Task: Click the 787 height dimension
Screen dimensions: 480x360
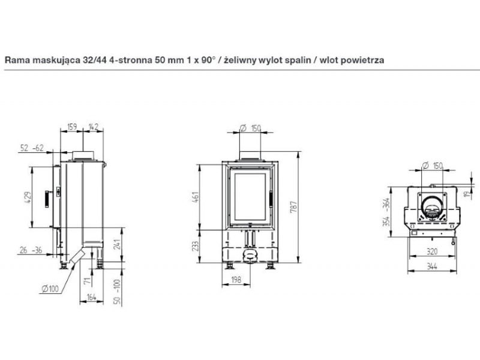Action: pyautogui.click(x=293, y=207)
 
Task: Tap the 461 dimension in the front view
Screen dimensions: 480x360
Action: pyautogui.click(x=196, y=197)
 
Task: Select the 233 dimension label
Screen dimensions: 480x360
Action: pyautogui.click(x=196, y=247)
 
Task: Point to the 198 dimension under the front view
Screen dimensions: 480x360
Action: pyautogui.click(x=236, y=280)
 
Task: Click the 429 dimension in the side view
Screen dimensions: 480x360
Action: pyautogui.click(x=28, y=198)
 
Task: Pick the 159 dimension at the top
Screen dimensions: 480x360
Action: pyautogui.click(x=72, y=127)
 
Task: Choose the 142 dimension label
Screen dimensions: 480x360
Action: pyautogui.click(x=94, y=127)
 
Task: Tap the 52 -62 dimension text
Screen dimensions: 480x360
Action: pyautogui.click(x=32, y=148)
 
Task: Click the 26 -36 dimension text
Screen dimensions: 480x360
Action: pyautogui.click(x=31, y=250)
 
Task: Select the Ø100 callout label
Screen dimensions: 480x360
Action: pyautogui.click(x=50, y=289)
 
